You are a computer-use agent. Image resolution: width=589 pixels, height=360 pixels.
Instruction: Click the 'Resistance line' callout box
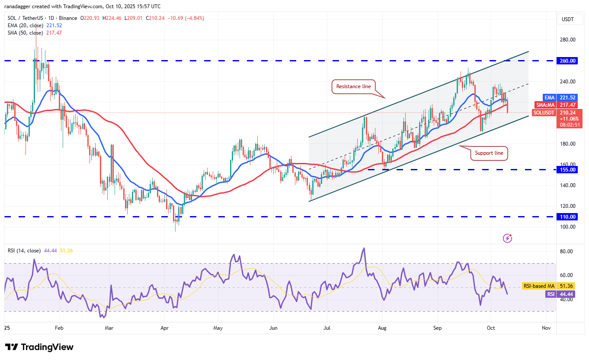354,86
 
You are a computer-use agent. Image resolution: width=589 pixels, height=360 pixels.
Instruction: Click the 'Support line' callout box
489,153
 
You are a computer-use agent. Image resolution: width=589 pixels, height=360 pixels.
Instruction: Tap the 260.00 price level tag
567,61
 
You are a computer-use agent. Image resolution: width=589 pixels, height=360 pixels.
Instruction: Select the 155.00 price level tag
567,170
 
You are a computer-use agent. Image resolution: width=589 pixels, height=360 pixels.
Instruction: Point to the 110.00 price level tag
567,217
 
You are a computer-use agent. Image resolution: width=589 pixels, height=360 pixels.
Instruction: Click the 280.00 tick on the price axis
567,40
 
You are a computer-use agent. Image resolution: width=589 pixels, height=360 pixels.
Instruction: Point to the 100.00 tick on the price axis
567,227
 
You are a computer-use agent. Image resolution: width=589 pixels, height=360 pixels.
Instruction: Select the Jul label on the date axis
327,328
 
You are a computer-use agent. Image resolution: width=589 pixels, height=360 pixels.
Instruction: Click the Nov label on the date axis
547,328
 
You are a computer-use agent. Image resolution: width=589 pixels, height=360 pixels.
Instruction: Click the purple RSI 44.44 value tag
563,294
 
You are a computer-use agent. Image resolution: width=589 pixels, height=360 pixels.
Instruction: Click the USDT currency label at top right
567,19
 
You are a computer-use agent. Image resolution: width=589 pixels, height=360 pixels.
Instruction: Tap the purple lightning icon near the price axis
508,238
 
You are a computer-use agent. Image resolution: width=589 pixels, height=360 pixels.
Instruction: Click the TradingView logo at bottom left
39,347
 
